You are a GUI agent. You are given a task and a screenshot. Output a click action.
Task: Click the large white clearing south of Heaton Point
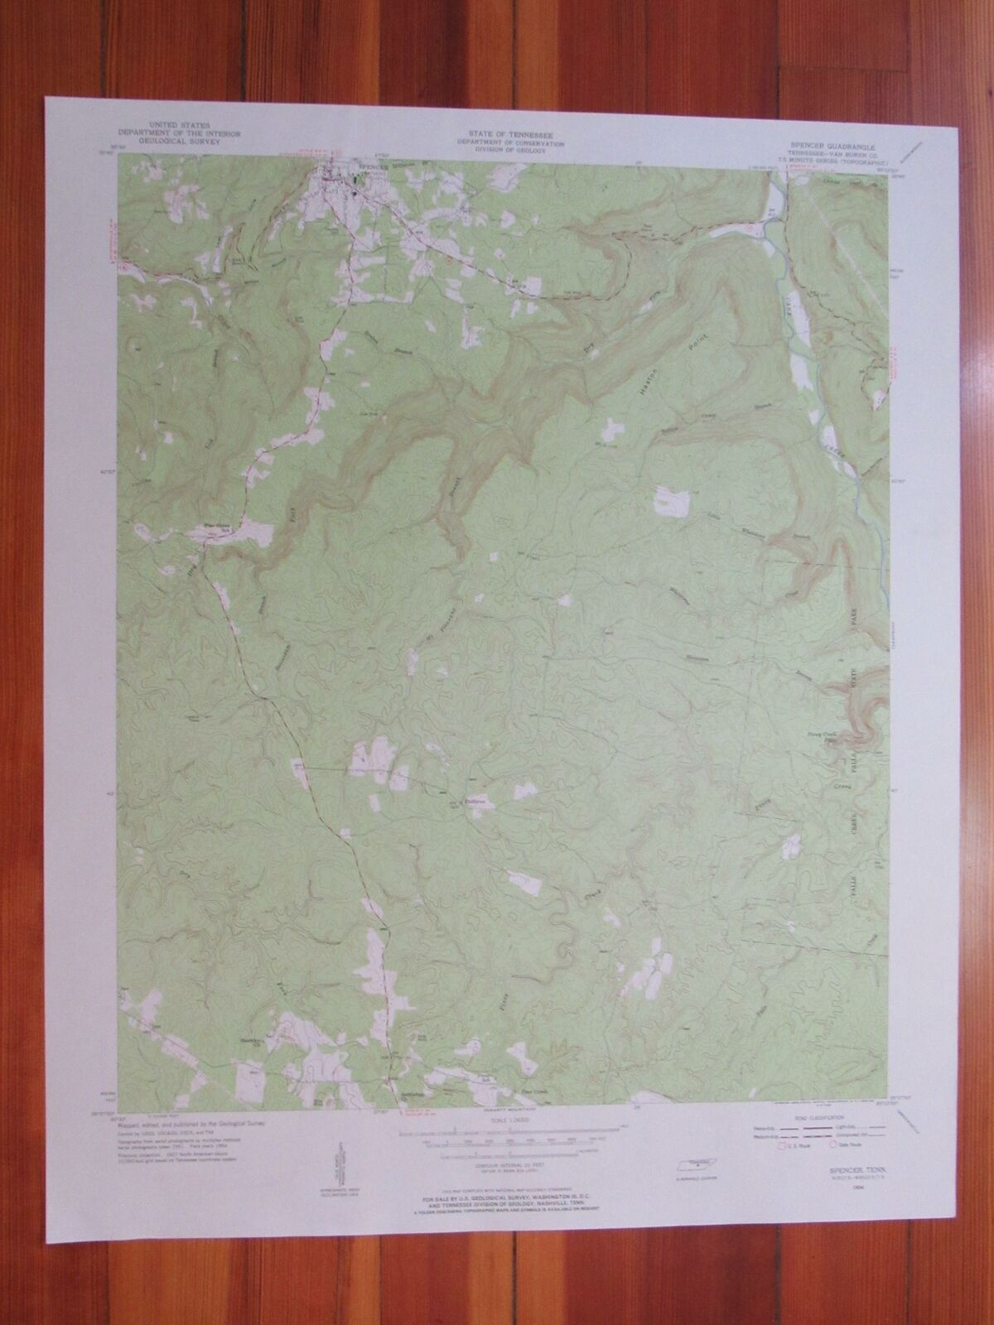point(673,500)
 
